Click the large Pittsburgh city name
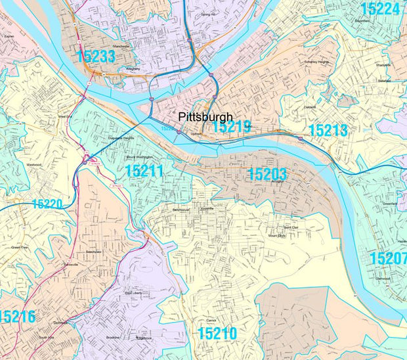tap(205, 118)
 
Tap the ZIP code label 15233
tap(96, 56)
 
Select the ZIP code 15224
tap(380, 9)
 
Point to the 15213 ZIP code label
tap(328, 130)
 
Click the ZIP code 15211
tap(144, 172)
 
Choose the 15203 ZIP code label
tap(267, 174)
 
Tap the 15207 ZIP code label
tap(389, 258)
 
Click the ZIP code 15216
tap(17, 317)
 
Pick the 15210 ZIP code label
tap(217, 334)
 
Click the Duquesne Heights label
tap(121, 138)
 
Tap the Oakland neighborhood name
tap(309, 107)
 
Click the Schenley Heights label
tap(316, 62)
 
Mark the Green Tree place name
tap(20, 248)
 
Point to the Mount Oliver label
tap(278, 235)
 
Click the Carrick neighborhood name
tap(211, 320)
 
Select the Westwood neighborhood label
tap(34, 164)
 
